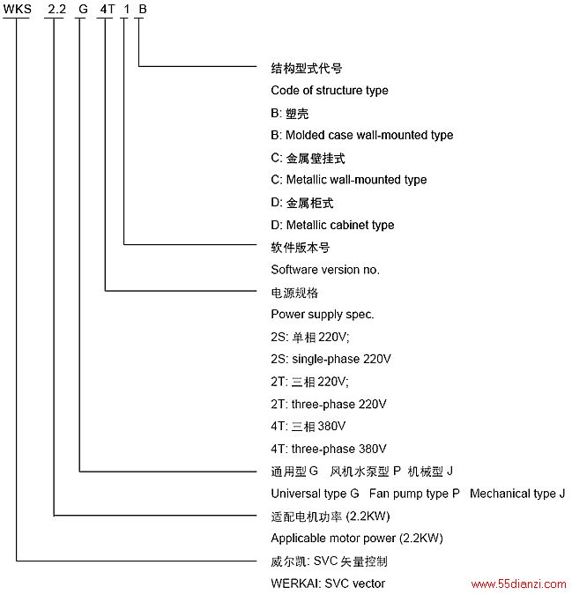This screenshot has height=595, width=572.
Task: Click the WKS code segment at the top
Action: pos(17,9)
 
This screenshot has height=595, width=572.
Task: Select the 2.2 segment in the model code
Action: pos(57,9)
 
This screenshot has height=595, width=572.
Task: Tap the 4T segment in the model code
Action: pos(107,9)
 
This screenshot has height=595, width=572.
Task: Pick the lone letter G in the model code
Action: pos(83,9)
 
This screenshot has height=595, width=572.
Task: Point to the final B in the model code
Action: pos(143,9)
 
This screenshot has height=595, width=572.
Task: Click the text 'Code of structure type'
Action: pos(330,91)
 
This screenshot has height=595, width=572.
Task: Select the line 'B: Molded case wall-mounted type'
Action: pos(362,136)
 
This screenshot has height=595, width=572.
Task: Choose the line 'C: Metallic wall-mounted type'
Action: pos(349,180)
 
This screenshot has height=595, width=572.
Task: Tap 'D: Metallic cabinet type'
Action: pos(332,225)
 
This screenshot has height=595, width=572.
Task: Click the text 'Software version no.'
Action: pos(325,270)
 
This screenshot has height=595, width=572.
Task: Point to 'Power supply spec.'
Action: pos(323,315)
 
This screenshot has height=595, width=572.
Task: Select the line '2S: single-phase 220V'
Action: pos(331,359)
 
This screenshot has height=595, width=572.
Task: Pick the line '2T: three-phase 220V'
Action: pos(329,404)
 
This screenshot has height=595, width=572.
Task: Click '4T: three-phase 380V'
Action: pos(329,449)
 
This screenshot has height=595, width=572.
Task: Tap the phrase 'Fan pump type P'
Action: pos(414,494)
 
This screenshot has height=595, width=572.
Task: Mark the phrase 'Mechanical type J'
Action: pos(517,494)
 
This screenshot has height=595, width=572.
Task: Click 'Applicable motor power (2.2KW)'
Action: pos(357,539)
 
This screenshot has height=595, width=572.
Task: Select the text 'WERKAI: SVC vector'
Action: pos(328,584)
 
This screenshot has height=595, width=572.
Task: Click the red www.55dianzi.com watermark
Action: pos(518,584)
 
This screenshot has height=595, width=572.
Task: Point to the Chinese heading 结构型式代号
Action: pos(307,69)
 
